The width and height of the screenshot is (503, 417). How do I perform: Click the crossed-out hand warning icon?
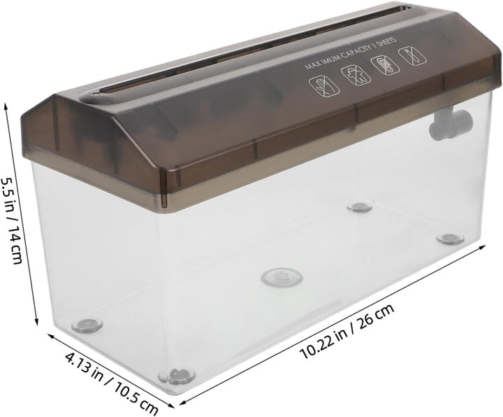[x=324, y=86]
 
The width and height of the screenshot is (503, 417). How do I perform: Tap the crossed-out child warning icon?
[x=356, y=75]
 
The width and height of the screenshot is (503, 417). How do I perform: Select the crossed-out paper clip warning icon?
[x=385, y=64]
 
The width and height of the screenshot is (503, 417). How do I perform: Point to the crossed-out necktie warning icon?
[x=412, y=55]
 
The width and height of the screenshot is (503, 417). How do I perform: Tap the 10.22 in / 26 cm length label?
[x=347, y=332]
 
